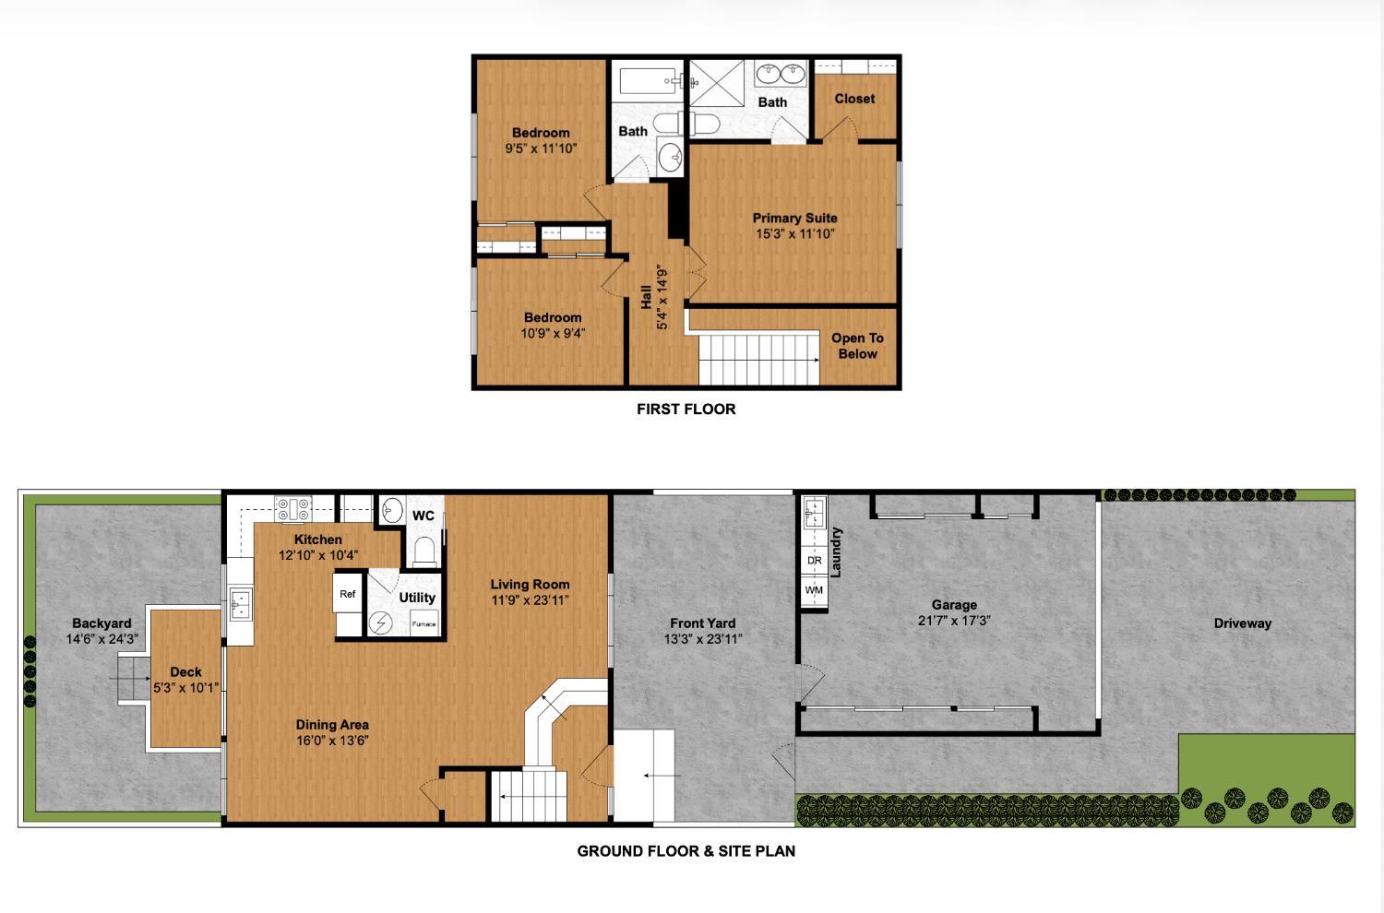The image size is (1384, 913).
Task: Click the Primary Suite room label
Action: coord(794,219)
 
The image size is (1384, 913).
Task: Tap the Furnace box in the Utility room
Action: coord(424,623)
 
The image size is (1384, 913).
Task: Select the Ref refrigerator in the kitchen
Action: coord(348,594)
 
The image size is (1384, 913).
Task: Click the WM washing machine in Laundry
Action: coord(814,590)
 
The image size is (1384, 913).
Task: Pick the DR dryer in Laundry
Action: coord(814,560)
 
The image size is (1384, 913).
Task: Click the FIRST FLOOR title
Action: coord(686,409)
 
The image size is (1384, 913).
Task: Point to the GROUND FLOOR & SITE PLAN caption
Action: coord(686,851)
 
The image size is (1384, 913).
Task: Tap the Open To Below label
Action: coord(857,346)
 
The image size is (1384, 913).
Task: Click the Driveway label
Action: coord(1242,623)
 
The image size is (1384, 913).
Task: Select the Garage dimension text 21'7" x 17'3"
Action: coord(954,621)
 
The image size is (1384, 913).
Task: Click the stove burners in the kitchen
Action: coord(294,507)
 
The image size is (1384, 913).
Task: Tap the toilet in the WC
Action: coord(424,551)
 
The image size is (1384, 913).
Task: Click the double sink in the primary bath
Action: coord(781,73)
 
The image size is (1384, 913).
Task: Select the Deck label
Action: coord(185,672)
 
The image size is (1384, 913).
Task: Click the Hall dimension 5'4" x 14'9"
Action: coord(662,297)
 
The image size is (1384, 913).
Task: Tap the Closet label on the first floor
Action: coord(854,99)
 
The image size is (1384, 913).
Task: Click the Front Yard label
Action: coord(703,623)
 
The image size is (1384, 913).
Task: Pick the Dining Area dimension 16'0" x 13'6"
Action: coord(332,741)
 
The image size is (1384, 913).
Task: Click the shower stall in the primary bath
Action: coord(718,82)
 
